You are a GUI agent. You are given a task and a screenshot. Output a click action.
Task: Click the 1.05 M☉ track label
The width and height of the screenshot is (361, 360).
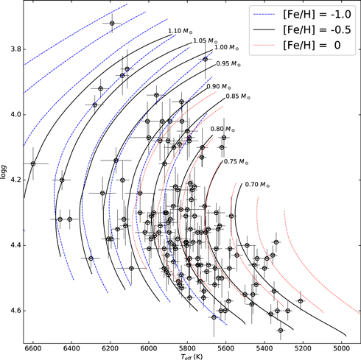click(205, 41)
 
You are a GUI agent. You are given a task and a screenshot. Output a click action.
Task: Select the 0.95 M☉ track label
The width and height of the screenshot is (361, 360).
click(229, 63)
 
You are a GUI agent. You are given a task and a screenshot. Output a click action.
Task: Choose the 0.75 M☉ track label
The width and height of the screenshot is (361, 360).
click(235, 161)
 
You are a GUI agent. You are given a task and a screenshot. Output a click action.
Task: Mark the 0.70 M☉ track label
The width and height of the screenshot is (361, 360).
click(256, 183)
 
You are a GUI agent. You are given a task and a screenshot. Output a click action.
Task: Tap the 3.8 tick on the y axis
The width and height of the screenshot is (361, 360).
click(13, 49)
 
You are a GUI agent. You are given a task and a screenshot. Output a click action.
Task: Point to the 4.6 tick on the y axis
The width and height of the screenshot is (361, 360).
click(13, 311)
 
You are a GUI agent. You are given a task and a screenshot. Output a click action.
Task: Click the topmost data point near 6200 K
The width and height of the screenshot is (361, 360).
click(112, 24)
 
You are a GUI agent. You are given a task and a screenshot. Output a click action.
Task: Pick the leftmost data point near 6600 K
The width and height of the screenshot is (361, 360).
click(33, 163)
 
